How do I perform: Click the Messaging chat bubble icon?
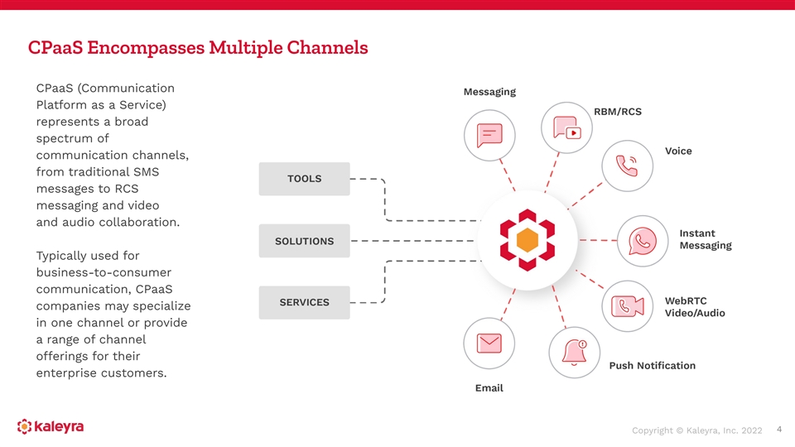(x=489, y=134)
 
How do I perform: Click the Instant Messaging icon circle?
(x=643, y=240)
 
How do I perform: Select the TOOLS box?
(x=304, y=179)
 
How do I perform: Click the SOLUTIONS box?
(x=304, y=241)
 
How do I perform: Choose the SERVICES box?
(x=304, y=302)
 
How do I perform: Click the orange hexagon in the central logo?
(x=527, y=240)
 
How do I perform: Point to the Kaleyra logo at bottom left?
(x=51, y=427)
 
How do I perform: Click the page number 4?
(x=779, y=429)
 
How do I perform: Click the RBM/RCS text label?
(x=618, y=112)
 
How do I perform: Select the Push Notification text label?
(x=652, y=365)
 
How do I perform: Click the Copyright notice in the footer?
(x=696, y=430)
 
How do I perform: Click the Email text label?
(x=489, y=387)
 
